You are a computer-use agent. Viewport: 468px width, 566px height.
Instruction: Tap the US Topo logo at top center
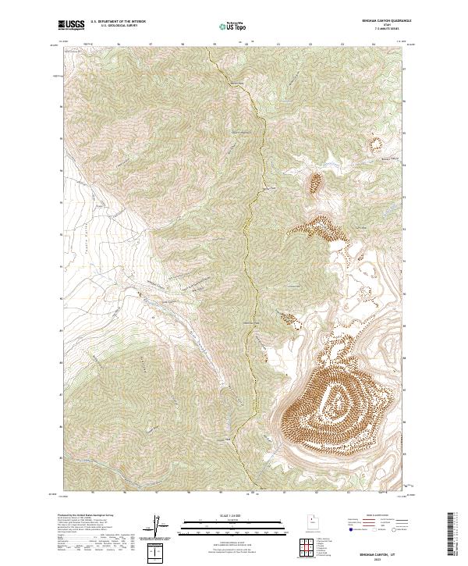[x=232, y=27]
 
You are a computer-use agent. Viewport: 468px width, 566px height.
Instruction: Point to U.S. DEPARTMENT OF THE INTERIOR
[x=119, y=22]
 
